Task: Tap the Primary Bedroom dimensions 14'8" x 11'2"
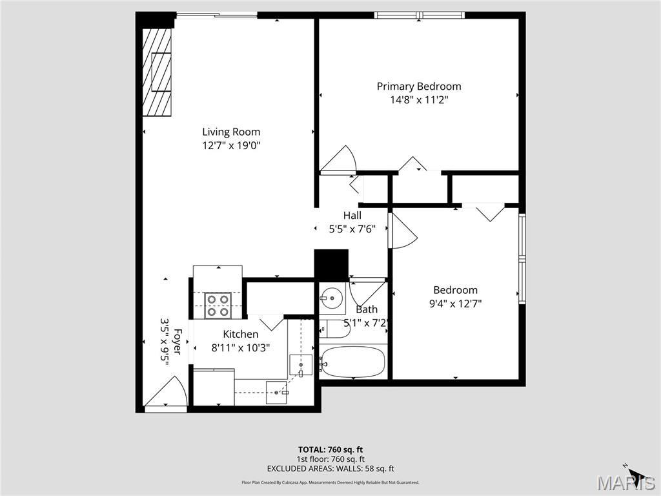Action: [419, 100]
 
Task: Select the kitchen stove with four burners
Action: [218, 305]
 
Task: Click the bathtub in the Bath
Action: [352, 362]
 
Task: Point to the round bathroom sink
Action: [332, 298]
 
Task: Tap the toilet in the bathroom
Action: [333, 329]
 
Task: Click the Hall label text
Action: [352, 215]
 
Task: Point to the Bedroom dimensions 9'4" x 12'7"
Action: [455, 303]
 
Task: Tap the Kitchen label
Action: [241, 334]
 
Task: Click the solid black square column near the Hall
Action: [330, 265]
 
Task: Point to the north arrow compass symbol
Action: [635, 474]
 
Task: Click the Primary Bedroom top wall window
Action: [420, 15]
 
